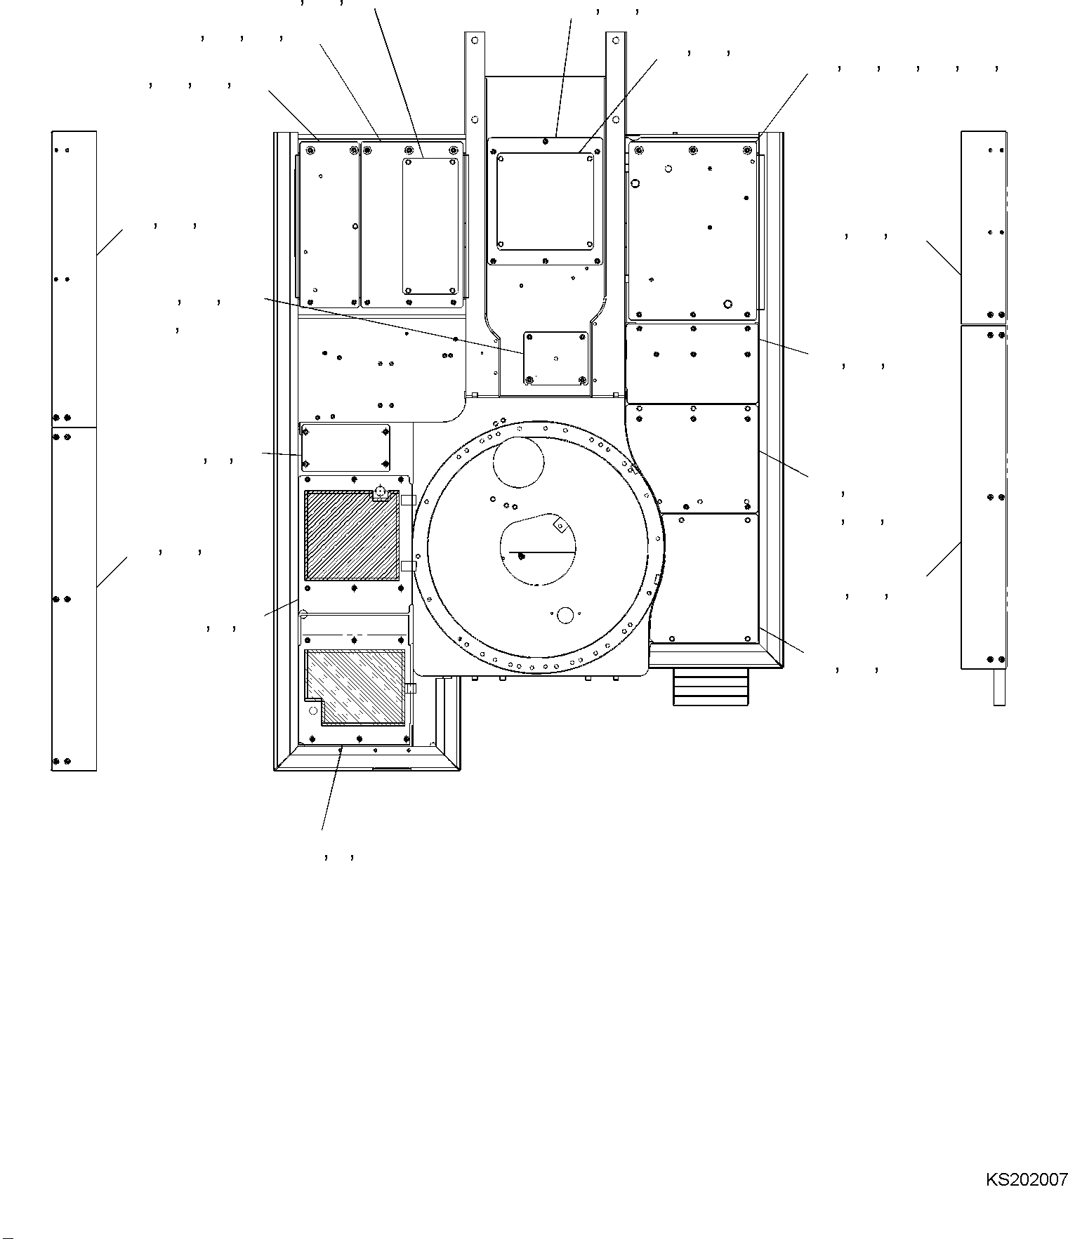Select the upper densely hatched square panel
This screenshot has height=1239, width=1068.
[x=352, y=536]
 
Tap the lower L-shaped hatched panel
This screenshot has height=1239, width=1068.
[x=355, y=687]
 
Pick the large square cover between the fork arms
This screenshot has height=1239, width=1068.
[x=545, y=202]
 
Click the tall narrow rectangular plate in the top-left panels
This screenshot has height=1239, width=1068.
[x=430, y=226]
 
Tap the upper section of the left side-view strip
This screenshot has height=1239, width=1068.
[x=74, y=279]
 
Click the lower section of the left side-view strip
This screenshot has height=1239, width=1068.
[x=74, y=599]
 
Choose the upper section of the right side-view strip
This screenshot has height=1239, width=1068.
[x=984, y=227]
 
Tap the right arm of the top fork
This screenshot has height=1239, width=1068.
[x=616, y=84]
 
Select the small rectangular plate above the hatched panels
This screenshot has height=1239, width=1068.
[x=345, y=447]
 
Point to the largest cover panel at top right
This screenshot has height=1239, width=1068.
[x=692, y=230]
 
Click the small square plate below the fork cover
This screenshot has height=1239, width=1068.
[x=555, y=358]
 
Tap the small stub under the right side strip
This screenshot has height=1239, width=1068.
[x=999, y=687]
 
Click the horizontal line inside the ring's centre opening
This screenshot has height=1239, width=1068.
[x=542, y=552]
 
